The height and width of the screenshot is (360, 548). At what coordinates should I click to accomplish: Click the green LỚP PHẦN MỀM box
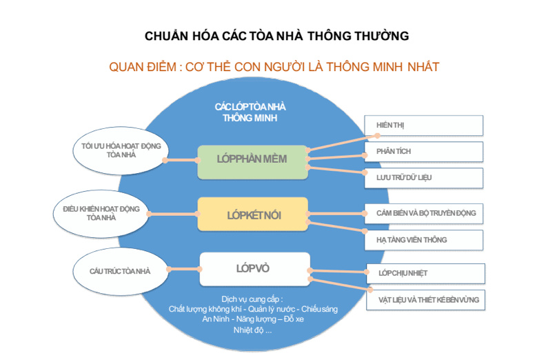tap(252, 161)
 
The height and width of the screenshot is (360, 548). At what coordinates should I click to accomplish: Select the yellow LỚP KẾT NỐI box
tap(254, 214)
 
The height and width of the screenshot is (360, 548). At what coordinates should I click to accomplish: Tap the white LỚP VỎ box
tap(254, 268)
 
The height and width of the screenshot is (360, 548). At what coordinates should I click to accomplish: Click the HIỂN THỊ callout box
tap(423, 126)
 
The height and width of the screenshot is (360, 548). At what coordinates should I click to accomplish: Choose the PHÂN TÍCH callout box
tap(423, 152)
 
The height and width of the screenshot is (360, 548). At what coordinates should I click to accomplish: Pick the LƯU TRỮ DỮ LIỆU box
tap(423, 178)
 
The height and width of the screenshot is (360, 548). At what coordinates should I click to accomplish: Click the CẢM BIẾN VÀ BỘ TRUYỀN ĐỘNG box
tap(423, 213)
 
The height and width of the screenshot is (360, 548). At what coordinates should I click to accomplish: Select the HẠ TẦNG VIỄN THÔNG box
tap(423, 240)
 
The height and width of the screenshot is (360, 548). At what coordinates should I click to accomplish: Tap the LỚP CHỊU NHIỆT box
tap(425, 273)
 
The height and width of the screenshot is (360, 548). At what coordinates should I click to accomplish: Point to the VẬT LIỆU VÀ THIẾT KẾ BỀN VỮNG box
tap(425, 301)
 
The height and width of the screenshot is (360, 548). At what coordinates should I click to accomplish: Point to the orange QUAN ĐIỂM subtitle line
tap(274, 67)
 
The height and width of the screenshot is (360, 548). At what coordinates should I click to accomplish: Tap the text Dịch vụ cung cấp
tap(253, 299)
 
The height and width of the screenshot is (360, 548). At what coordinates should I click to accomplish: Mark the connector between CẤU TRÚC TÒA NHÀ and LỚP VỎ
tap(184, 270)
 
